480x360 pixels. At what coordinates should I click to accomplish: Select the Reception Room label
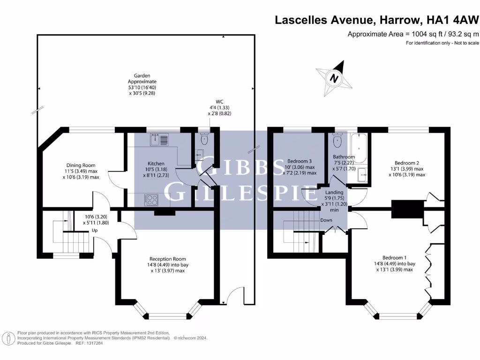point(167,259)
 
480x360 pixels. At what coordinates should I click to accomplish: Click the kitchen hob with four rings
point(152,200)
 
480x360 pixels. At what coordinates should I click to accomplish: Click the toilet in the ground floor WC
point(203,139)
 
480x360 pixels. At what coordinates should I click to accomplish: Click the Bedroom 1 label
point(394,257)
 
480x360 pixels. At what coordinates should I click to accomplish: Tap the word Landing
point(334,192)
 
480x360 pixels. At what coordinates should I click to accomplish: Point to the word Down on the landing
point(326,220)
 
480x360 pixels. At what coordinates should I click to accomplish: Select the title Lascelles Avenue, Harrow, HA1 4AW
point(376,20)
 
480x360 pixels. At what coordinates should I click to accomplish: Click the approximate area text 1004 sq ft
point(413,34)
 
